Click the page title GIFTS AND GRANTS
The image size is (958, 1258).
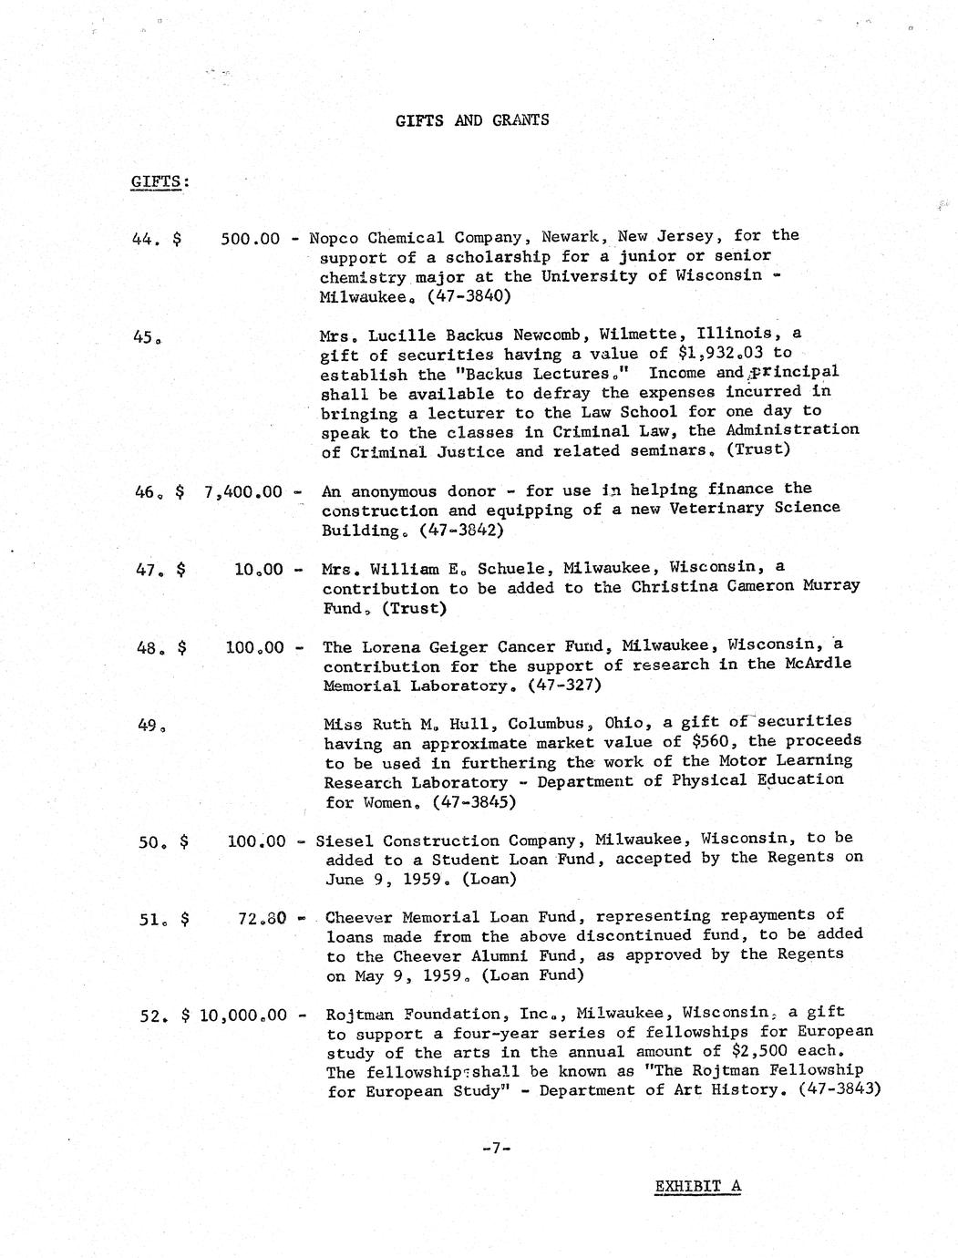click(x=472, y=120)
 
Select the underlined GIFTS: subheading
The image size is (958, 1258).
click(x=160, y=180)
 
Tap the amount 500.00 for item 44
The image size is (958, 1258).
click(x=250, y=239)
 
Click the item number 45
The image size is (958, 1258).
click(x=147, y=336)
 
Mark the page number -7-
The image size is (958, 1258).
click(x=496, y=1149)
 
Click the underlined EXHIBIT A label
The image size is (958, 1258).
click(x=697, y=1186)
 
